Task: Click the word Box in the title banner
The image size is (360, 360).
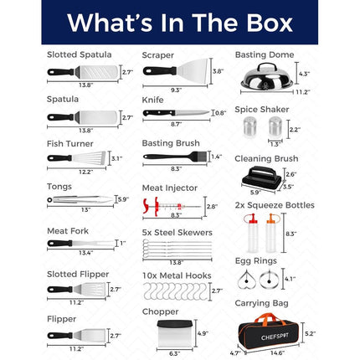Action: tap(270, 23)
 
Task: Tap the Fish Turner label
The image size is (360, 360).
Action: tap(70, 144)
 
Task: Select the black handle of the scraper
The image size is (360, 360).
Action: tap(159, 71)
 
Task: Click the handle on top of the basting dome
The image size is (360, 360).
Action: tap(266, 67)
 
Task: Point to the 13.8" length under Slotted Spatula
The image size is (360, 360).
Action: tap(85, 85)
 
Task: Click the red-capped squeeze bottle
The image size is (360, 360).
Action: tap(252, 233)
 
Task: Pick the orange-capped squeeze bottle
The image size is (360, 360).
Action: tap(271, 233)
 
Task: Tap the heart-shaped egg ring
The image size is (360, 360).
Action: tap(247, 280)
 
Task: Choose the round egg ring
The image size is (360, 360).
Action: tap(269, 280)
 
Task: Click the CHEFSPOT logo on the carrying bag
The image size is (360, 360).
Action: tap(275, 337)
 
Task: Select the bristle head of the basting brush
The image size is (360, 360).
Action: tap(201, 157)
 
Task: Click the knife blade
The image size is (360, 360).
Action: tap(193, 113)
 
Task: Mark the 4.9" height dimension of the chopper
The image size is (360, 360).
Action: tap(203, 333)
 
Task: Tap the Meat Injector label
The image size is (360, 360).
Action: tap(170, 188)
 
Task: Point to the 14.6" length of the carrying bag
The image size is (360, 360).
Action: tap(277, 353)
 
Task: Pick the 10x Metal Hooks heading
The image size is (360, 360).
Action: tap(177, 275)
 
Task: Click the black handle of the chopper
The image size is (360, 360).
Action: tap(175, 324)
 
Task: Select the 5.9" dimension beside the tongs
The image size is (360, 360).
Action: tap(123, 199)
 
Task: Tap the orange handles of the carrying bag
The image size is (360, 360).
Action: tap(270, 319)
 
